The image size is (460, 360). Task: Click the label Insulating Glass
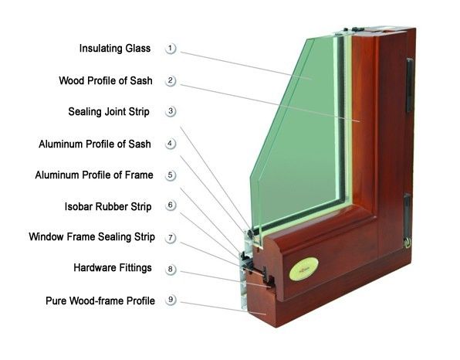115,49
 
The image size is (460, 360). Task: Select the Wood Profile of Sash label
106,81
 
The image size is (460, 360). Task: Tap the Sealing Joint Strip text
109,112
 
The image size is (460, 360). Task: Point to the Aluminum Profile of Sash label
95,144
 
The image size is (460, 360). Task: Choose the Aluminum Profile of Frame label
94,175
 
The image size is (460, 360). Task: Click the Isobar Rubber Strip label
108,207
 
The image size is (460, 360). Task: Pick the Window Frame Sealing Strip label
92,237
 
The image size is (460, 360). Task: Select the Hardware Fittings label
113,268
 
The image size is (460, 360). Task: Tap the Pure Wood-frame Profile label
100,301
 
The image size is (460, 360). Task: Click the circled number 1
171,48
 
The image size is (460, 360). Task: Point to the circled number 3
171,111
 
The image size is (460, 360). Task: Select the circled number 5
171,175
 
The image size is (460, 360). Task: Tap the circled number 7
171,237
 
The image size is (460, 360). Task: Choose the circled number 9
171,300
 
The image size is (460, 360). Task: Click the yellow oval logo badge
303,269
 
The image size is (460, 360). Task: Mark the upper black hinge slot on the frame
410,85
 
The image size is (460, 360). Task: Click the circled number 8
171,269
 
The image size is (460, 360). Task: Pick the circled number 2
171,81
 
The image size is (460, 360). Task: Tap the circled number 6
171,205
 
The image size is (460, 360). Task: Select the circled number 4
171,144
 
